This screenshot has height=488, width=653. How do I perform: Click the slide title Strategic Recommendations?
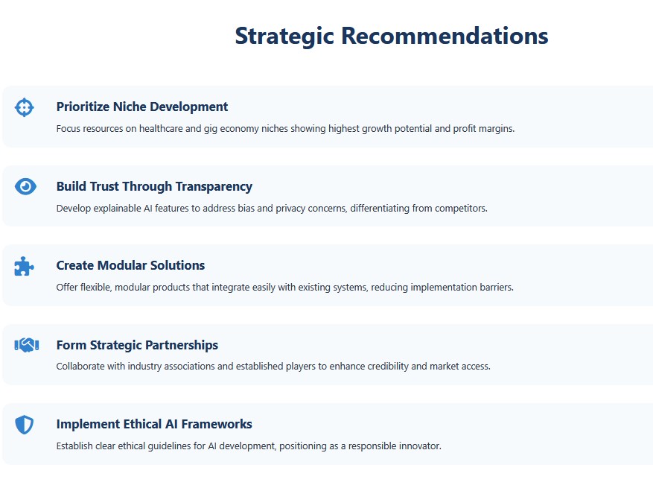point(392,37)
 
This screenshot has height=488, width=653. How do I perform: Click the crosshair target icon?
point(24,107)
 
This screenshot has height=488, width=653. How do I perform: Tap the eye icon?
point(25,186)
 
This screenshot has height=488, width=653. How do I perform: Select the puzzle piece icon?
point(24,266)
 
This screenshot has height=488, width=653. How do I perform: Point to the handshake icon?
point(27,345)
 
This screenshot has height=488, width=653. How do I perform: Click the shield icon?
point(24,425)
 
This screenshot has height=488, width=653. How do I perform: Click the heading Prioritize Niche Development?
point(142,107)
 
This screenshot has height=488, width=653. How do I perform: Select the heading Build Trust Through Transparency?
point(154,186)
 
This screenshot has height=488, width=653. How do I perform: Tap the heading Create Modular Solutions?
point(130,265)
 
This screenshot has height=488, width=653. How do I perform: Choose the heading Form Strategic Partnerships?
point(137,345)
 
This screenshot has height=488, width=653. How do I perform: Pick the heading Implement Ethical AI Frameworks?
point(154,424)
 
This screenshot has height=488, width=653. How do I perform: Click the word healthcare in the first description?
point(161,128)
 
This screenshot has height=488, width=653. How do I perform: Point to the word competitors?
point(461,209)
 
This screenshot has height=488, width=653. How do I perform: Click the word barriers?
point(497,287)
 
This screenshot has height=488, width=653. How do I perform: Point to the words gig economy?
point(231,129)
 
